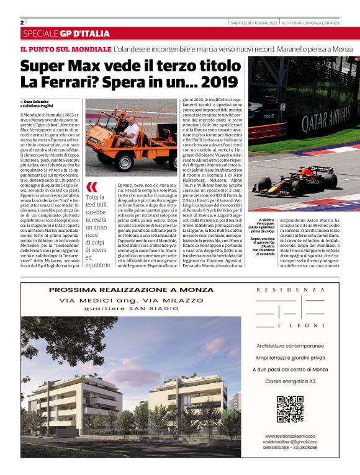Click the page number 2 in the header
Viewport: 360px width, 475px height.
click(x=22, y=22)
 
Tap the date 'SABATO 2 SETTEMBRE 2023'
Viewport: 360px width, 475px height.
click(x=252, y=23)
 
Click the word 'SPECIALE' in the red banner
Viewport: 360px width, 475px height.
click(x=40, y=33)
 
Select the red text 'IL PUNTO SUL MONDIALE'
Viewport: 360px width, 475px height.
click(x=65, y=48)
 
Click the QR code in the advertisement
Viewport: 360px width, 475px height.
click(x=289, y=409)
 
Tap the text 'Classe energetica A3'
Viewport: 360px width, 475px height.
click(x=290, y=380)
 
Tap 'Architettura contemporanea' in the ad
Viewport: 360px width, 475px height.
click(x=290, y=345)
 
